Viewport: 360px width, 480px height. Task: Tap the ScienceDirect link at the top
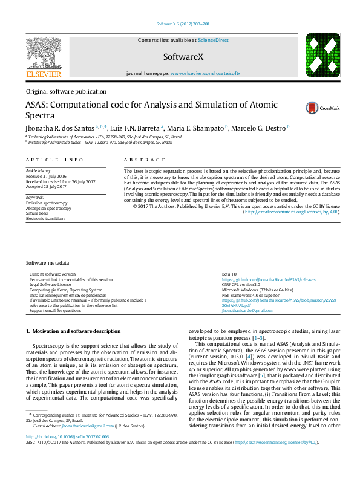pos(214,40)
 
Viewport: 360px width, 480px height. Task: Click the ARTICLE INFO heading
pos(54,160)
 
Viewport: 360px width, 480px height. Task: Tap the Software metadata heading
pos(47,264)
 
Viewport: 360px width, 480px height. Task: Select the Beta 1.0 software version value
pos(230,274)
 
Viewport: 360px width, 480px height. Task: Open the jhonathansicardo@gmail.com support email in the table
pos(247,311)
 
